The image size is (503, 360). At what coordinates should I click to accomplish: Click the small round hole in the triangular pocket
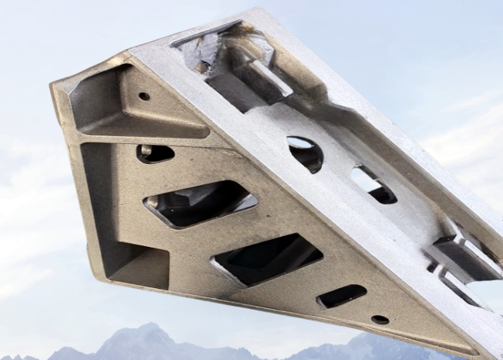[144, 96]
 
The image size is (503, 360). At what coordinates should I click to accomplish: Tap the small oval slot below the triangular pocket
[156, 153]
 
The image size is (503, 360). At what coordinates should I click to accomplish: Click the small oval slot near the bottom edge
[341, 295]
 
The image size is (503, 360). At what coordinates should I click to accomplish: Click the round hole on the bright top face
[305, 153]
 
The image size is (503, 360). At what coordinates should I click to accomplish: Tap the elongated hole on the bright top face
[374, 186]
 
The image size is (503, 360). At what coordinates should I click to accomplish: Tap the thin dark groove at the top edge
[206, 33]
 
